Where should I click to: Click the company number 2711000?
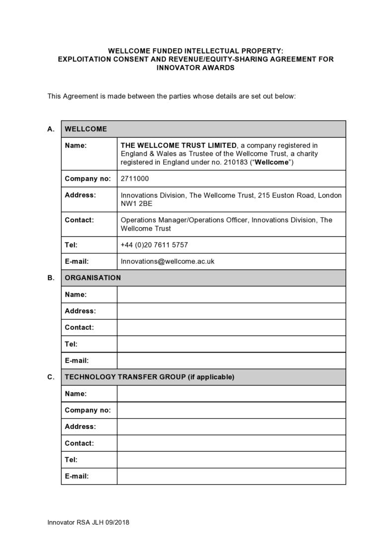click(134, 179)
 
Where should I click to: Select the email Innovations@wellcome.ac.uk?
click(167, 261)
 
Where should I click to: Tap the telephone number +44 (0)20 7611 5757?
click(154, 245)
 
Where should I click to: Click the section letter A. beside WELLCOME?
click(51, 129)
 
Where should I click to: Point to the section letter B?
click(51, 278)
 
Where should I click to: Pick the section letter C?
click(51, 377)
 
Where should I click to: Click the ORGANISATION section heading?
click(93, 278)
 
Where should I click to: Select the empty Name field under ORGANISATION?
click(231, 295)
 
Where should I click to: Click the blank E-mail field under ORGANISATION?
click(231, 361)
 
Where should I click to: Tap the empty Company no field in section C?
click(231, 410)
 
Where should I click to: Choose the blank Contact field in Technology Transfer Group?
click(231, 443)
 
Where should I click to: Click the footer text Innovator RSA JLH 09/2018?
click(88, 523)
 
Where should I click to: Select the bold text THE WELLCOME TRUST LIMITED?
click(179, 145)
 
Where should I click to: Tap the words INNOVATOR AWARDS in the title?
click(196, 68)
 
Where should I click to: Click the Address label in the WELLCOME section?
click(80, 195)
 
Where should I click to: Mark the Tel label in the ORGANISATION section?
click(71, 344)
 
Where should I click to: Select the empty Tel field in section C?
click(231, 460)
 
